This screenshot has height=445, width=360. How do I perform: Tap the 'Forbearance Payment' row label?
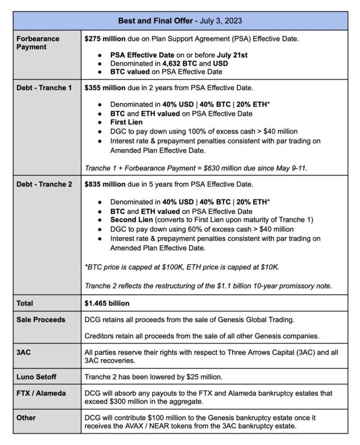pos(38,43)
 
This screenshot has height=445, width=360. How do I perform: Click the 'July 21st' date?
pos(232,55)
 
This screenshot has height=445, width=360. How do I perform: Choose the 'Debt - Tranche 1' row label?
pos(44,88)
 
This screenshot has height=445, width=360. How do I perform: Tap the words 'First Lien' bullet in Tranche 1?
pos(126,122)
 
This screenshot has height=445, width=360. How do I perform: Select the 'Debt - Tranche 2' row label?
pos(44,184)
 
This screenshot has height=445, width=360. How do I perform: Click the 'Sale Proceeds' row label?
pos(41,320)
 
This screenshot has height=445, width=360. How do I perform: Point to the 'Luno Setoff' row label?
pos(36,377)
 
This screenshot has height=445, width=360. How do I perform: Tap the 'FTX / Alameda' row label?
pos(41,393)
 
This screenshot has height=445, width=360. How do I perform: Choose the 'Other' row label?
pos(26,418)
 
